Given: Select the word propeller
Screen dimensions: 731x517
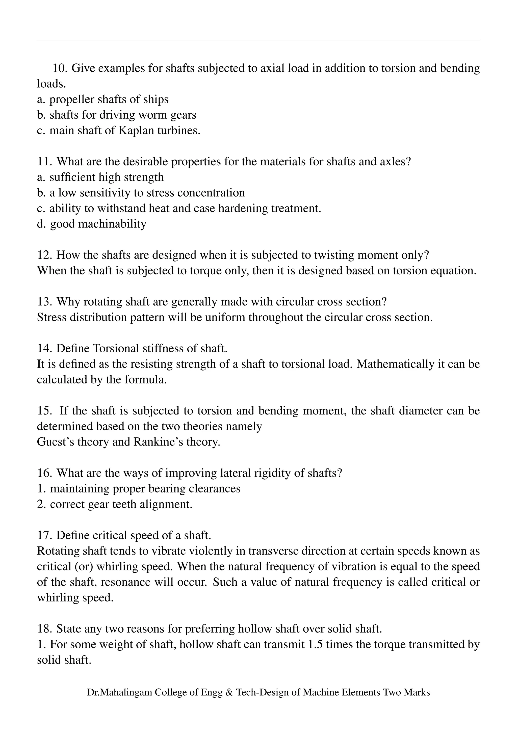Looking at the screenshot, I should click(x=72, y=100).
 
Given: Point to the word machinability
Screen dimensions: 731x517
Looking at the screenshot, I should click(x=112, y=224).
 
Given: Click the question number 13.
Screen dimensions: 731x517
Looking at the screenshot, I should click(x=45, y=301).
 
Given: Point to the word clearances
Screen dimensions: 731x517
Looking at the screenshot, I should click(x=215, y=489).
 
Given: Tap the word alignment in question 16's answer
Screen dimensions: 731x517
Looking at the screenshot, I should click(x=166, y=504).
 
